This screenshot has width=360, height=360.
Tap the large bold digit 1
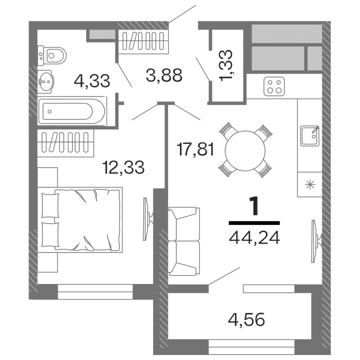click(254, 206)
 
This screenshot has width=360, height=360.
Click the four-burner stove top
click(274, 86)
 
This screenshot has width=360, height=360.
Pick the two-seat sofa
click(182, 241)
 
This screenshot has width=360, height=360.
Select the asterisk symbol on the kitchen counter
click(309, 184)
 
